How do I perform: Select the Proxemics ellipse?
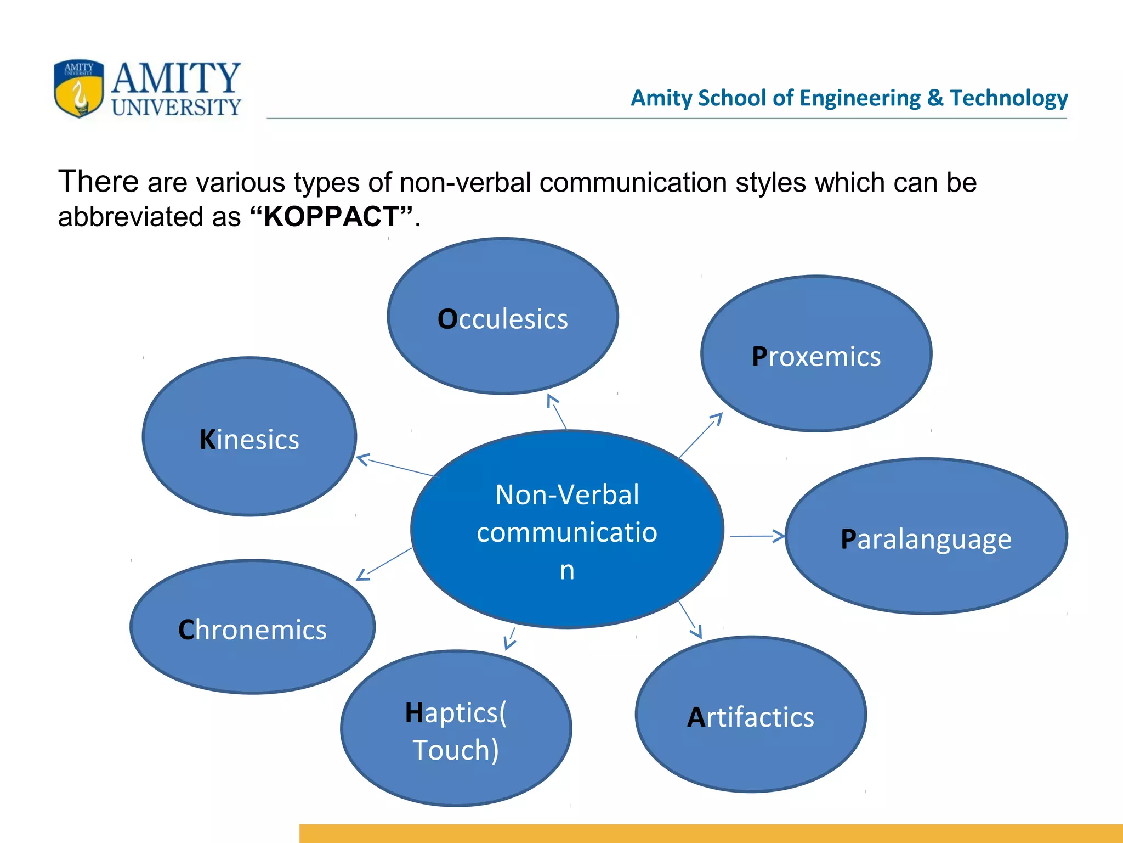click(816, 354)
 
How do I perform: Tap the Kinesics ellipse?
click(249, 437)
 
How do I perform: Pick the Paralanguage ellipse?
click(926, 536)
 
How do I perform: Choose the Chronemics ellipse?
click(253, 627)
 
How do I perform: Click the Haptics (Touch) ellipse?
click(456, 729)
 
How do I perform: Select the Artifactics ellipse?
click(751, 715)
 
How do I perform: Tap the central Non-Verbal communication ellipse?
click(567, 530)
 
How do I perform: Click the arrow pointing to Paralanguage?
click(757, 536)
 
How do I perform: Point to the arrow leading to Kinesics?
click(396, 466)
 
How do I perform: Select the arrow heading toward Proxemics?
click(701, 435)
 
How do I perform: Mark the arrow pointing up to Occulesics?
click(557, 412)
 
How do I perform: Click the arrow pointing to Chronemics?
click(384, 564)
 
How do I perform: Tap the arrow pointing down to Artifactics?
click(690, 619)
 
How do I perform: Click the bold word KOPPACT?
click(331, 216)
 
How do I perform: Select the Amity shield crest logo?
click(78, 88)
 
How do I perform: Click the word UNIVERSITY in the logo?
click(176, 107)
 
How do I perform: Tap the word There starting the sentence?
click(99, 182)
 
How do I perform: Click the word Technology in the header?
click(1009, 98)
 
